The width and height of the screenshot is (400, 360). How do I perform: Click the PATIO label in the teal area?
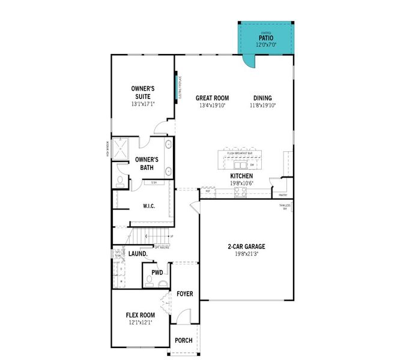pos(265,37)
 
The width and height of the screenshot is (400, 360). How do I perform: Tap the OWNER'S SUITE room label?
pos(142,92)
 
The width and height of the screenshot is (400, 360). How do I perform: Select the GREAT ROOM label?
pos(212,98)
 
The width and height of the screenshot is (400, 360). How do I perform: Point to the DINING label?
pos(262,98)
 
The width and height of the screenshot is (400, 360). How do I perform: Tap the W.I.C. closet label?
pos(150,206)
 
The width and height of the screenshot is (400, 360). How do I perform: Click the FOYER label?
pos(184,294)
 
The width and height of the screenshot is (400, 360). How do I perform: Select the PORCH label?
pos(183,340)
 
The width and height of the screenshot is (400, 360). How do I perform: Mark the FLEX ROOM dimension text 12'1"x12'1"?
pos(140,322)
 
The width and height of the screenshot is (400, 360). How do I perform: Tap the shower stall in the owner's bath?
pos(121,149)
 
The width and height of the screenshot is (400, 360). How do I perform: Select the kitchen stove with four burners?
pos(240,192)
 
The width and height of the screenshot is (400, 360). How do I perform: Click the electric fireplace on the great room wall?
pos(177,88)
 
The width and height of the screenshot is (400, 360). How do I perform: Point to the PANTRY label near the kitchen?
pos(282,194)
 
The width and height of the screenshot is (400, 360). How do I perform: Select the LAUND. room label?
pos(138,254)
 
